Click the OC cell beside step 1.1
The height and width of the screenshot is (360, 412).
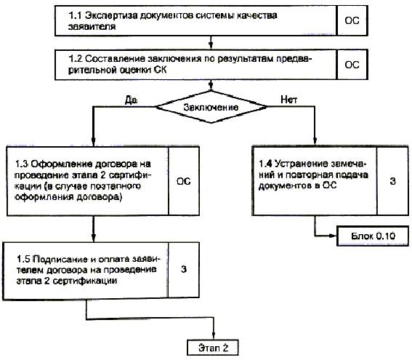coord(352,20)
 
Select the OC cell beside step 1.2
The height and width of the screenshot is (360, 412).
coord(352,65)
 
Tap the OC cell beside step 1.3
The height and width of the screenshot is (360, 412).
coord(184,181)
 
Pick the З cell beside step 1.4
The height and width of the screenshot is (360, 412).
coord(392,181)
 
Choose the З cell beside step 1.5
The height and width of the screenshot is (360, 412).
coord(183,269)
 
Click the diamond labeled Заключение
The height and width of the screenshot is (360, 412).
coord(211,107)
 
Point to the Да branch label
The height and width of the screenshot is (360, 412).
coord(131,100)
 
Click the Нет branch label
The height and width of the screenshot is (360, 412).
coord(288,100)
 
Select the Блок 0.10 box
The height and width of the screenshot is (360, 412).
coord(373,236)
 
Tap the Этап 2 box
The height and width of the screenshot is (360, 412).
coord(213,348)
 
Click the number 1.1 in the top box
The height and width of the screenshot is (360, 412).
coord(75,15)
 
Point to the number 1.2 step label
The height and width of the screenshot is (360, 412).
coord(76,59)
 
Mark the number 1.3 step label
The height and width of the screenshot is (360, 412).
coord(22,164)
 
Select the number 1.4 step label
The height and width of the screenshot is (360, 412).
coord(265,164)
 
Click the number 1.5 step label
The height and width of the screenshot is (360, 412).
coord(23,260)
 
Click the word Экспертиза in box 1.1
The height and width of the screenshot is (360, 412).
coord(111,15)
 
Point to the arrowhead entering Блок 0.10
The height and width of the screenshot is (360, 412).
coord(334,236)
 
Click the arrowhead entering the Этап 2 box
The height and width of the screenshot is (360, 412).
coord(214,335)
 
